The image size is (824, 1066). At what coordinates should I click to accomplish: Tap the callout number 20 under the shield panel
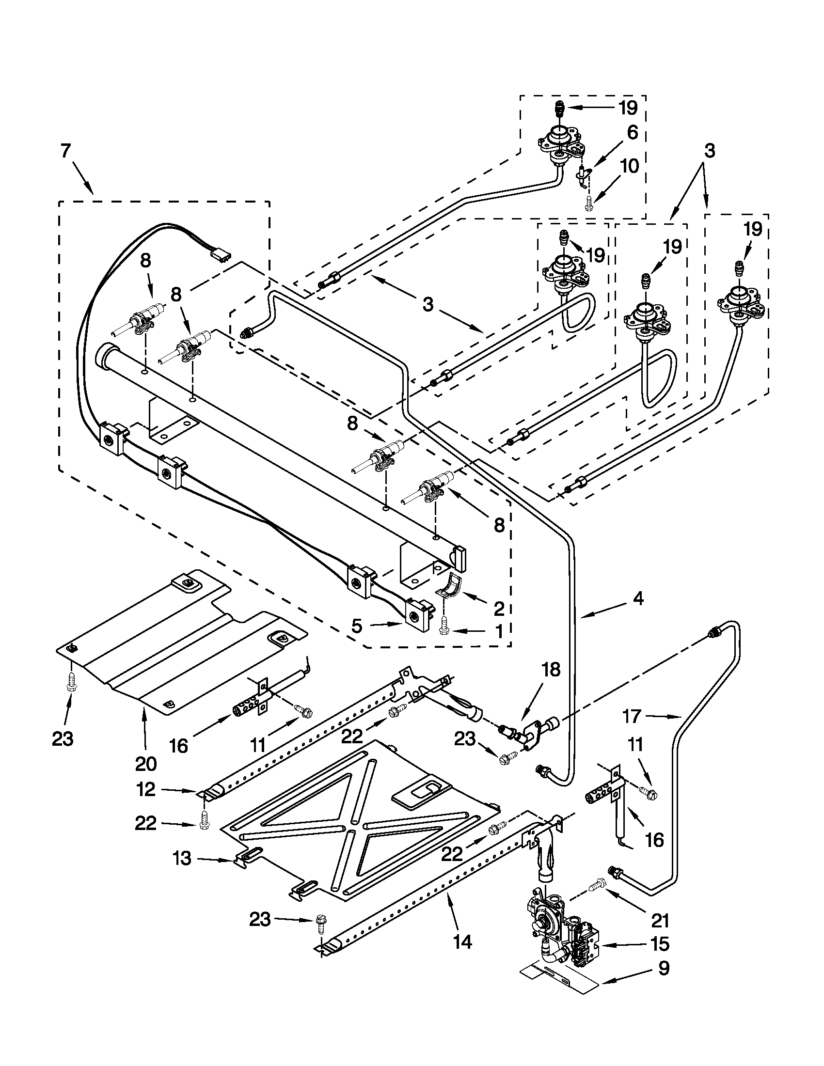(x=145, y=763)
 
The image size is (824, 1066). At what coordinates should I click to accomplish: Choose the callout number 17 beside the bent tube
(x=632, y=716)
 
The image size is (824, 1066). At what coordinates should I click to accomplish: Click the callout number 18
(x=551, y=670)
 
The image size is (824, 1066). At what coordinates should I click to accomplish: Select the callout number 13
(x=182, y=859)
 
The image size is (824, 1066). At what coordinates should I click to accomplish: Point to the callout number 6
(x=632, y=132)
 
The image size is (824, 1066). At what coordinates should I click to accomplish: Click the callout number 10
(x=630, y=166)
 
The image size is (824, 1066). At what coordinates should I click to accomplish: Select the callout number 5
(x=357, y=626)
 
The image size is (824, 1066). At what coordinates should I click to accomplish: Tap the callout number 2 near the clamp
(x=498, y=608)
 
